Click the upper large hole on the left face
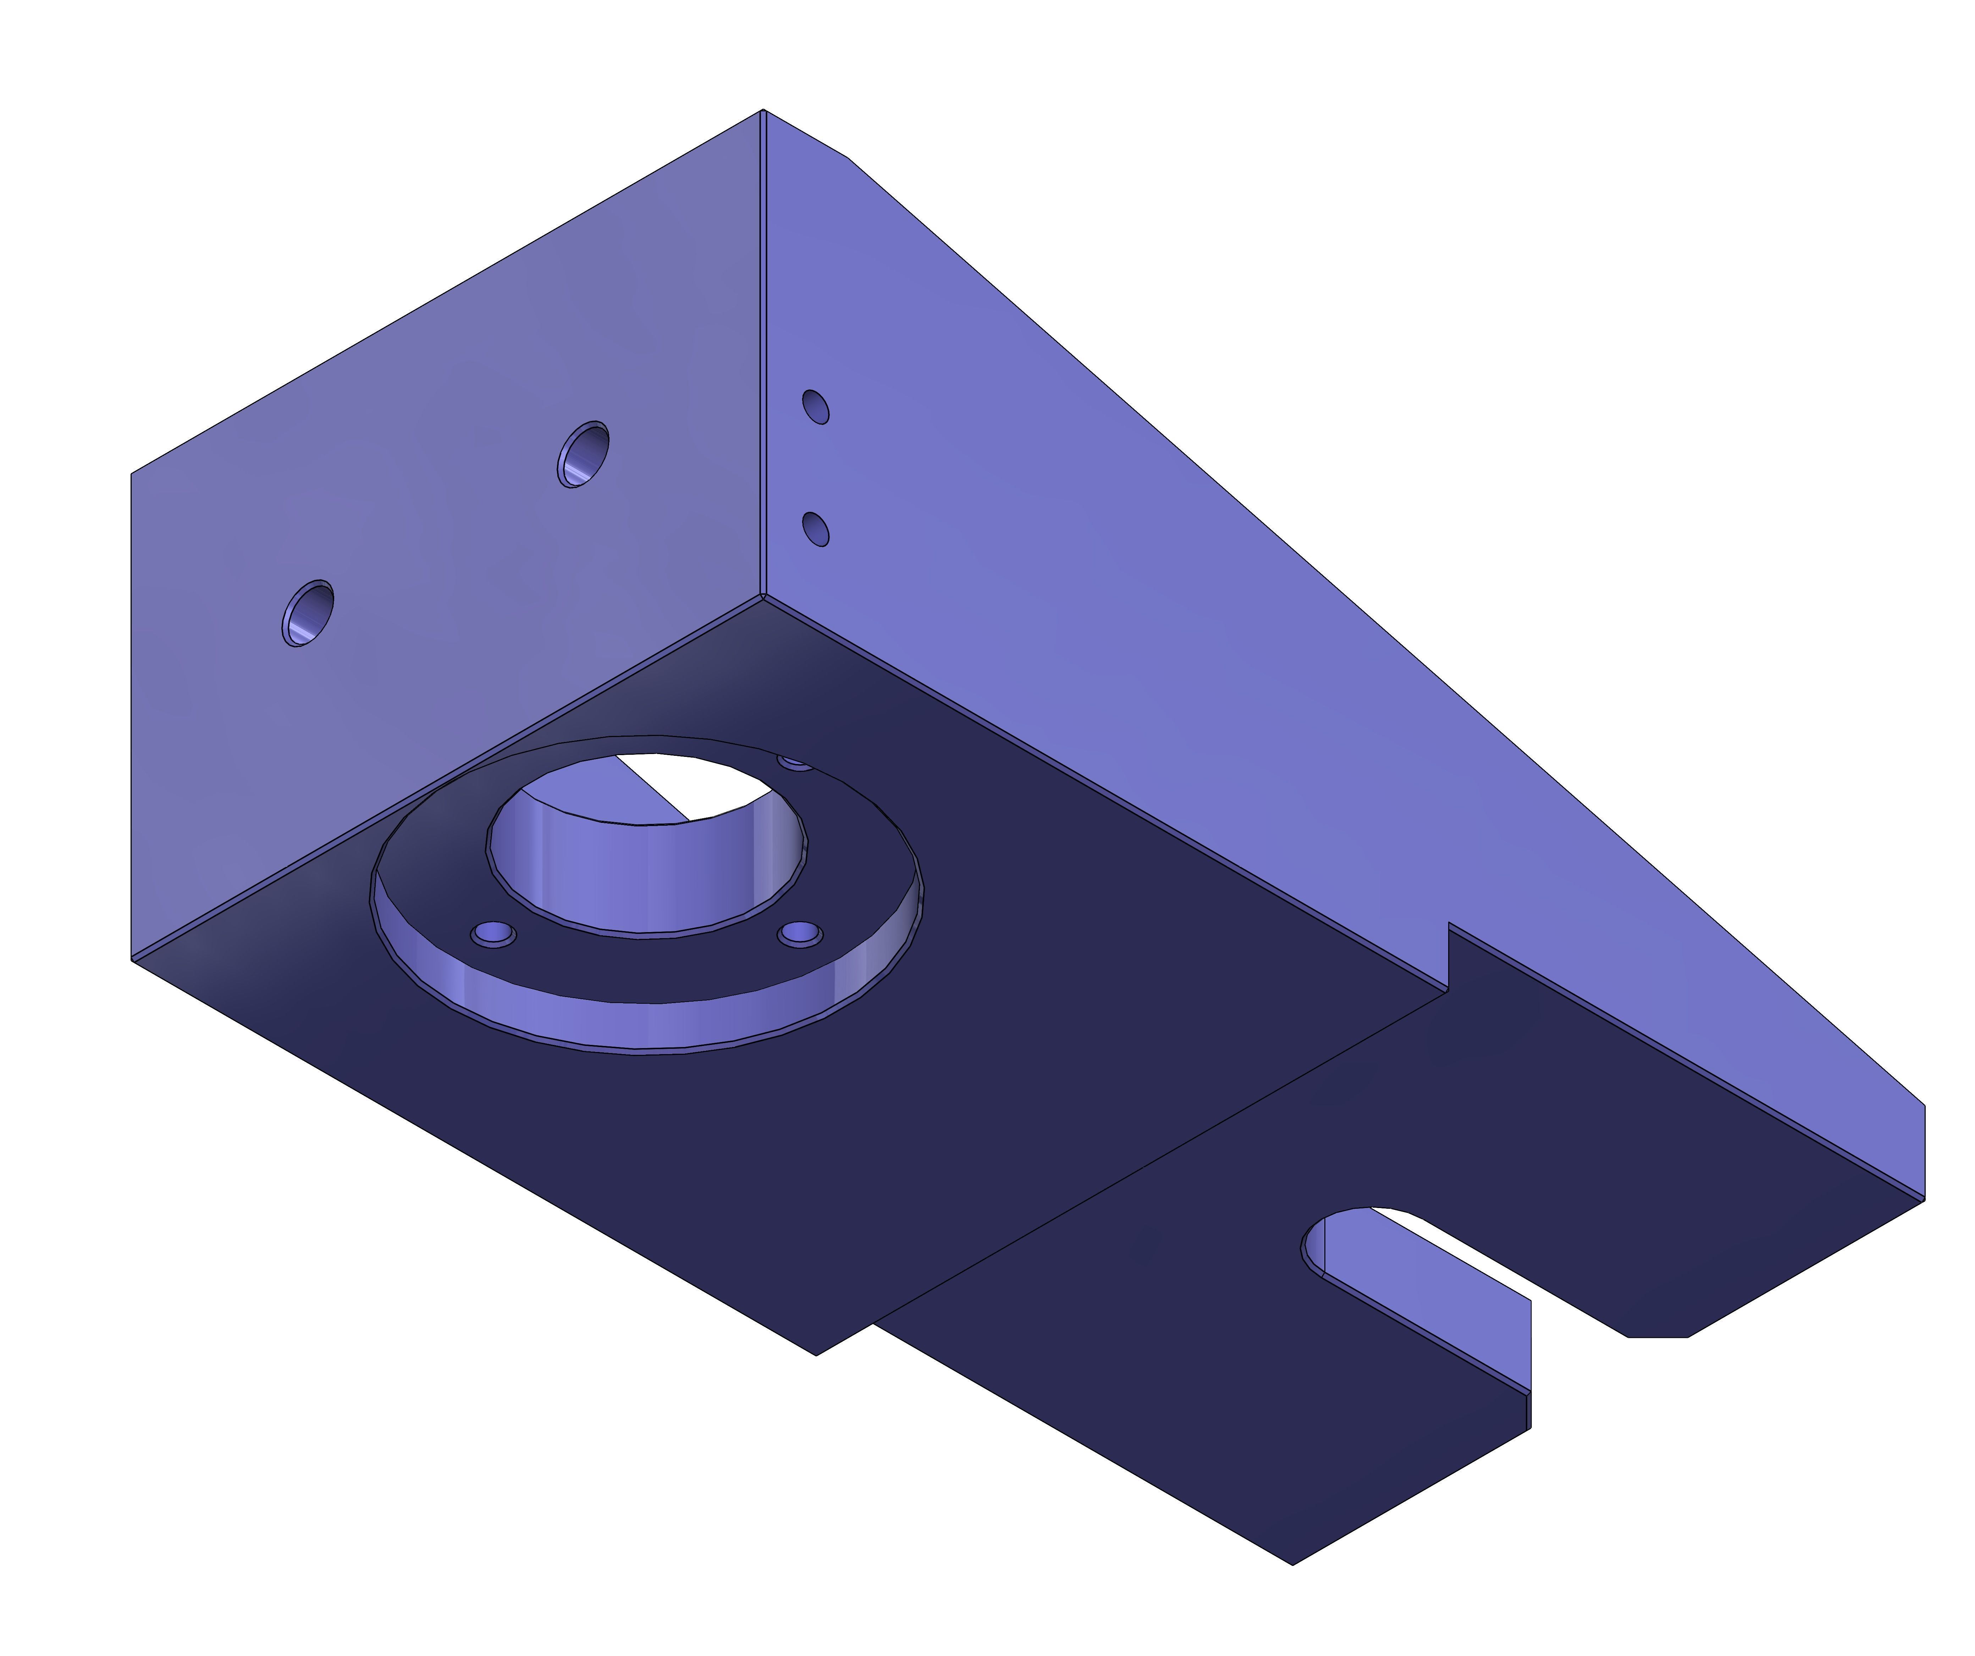(583, 454)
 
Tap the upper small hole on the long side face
(815, 407)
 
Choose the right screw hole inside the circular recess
(800, 934)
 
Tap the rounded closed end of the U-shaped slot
(1312, 1246)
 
